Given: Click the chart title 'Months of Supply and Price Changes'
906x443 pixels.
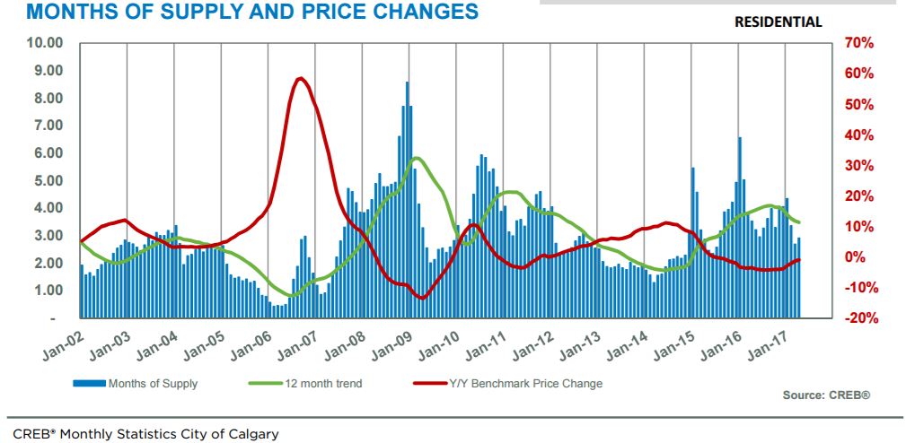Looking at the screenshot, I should (x=239, y=13).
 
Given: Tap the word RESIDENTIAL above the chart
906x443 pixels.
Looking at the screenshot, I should (x=778, y=22).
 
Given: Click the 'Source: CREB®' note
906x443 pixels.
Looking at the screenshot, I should (x=827, y=395).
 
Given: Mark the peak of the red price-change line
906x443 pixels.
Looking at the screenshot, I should (x=301, y=79).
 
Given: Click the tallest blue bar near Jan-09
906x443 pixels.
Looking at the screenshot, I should (x=407, y=85).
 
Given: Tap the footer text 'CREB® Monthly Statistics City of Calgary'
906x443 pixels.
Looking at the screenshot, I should (x=145, y=434).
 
